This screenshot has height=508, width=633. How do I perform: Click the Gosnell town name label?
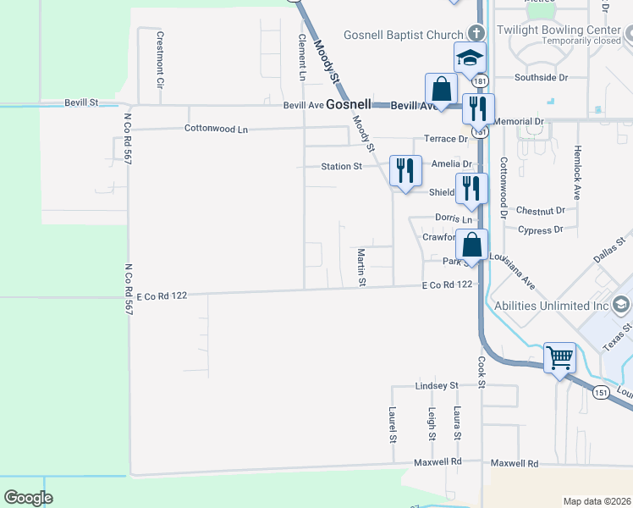[x=349, y=104]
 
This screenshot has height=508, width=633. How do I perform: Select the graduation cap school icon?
[x=470, y=58]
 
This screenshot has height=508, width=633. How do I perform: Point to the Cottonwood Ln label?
[x=216, y=130]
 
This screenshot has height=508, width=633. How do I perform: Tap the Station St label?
[x=341, y=167]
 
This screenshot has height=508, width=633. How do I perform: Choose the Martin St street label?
[x=361, y=267]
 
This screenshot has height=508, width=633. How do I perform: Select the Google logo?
[x=28, y=498]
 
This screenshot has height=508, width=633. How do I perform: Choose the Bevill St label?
[x=81, y=102]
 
